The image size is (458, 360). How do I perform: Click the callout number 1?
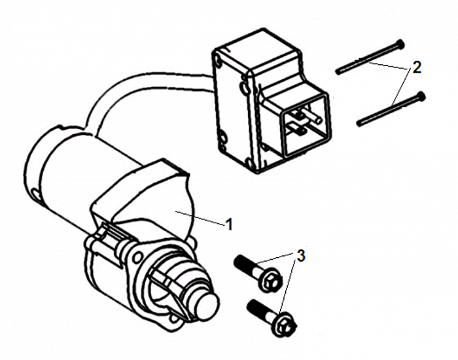coord(229,225)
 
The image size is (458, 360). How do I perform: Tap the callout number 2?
coord(417,67)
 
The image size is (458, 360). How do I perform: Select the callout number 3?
coord(301,255)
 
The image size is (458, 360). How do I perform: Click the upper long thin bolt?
coord(370,57)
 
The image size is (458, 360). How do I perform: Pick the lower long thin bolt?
coord(391,109)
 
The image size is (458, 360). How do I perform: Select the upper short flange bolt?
coord(257,273)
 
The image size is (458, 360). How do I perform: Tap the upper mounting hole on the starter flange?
coord(137,257)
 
